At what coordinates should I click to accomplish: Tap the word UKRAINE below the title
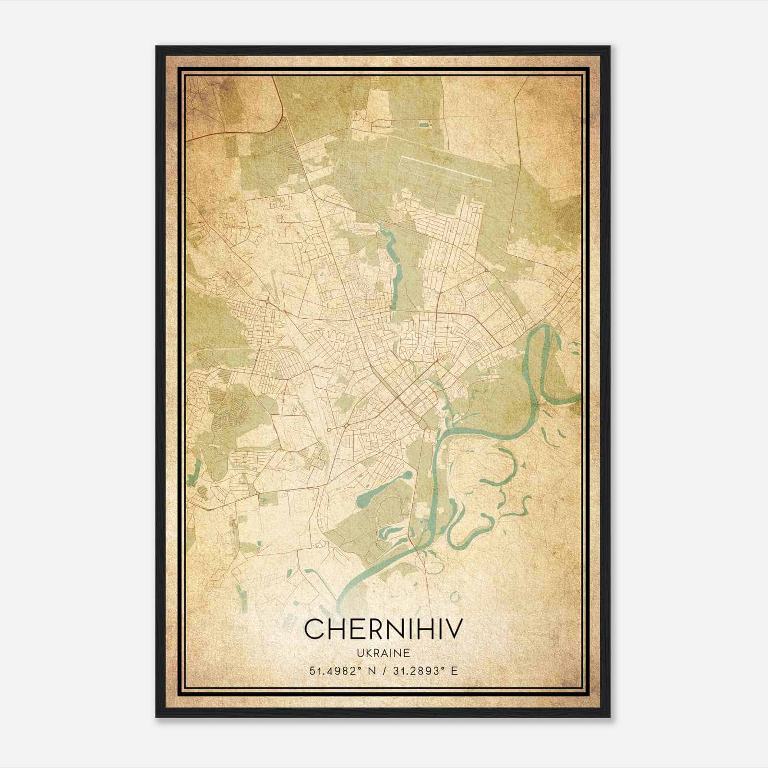(x=383, y=653)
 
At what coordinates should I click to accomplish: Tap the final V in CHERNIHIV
(x=455, y=629)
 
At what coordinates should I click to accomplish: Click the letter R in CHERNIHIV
(x=368, y=629)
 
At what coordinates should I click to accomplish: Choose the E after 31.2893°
(x=455, y=671)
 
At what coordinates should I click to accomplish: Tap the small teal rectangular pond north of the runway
(x=423, y=125)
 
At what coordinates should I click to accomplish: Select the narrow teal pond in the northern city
(x=396, y=274)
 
